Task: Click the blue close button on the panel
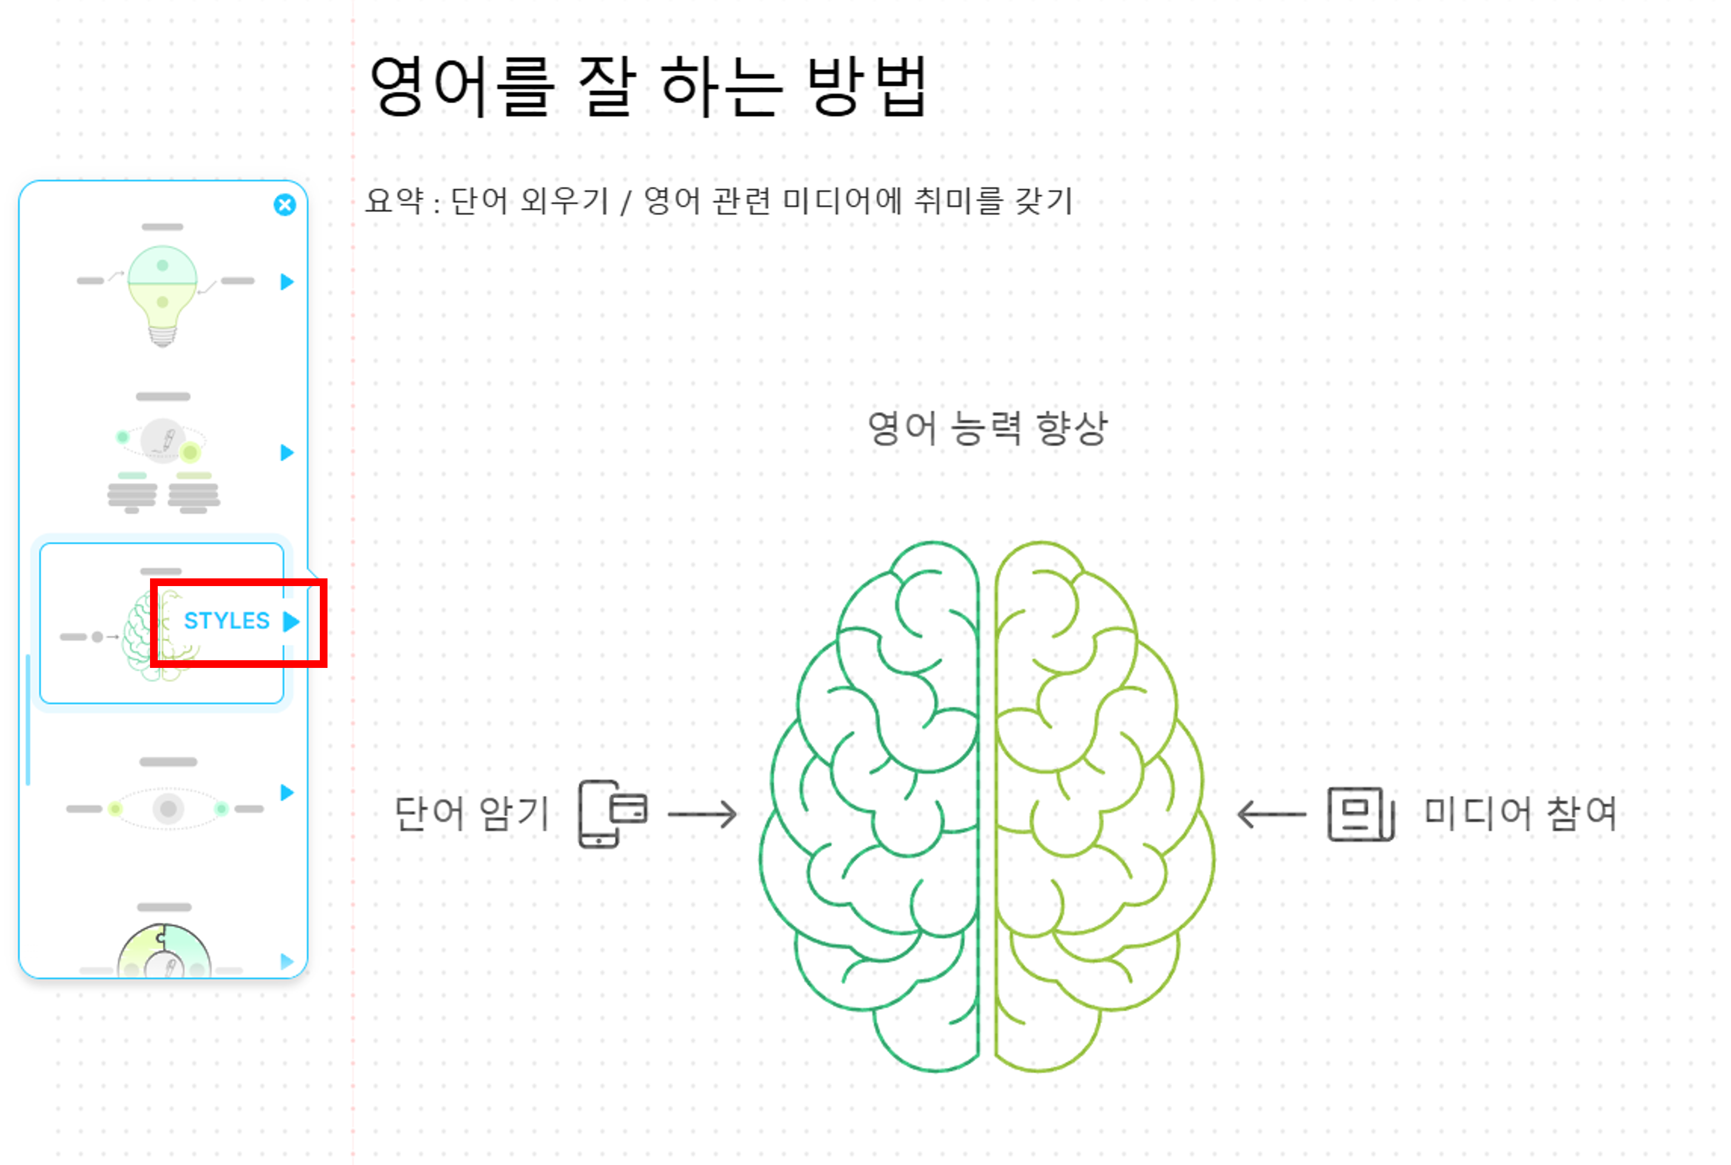(284, 204)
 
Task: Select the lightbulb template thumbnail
(163, 296)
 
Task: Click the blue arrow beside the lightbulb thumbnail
(287, 282)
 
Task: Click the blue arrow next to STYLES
(291, 621)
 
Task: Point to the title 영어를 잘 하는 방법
(647, 86)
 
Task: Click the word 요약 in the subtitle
(394, 200)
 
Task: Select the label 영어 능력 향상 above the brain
(987, 428)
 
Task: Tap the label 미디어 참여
(1520, 813)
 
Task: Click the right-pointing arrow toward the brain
(702, 815)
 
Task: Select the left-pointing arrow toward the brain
(1271, 815)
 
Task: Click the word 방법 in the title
(867, 86)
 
